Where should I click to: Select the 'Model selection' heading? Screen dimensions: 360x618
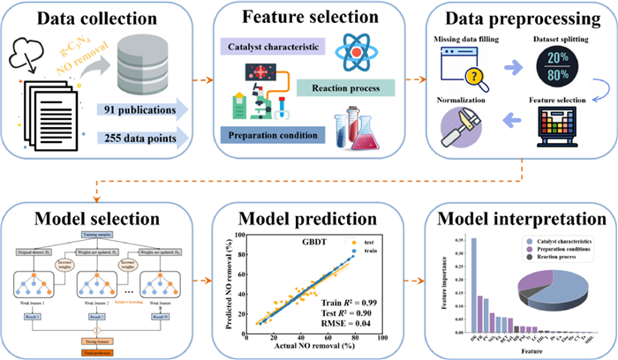point(97,218)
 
